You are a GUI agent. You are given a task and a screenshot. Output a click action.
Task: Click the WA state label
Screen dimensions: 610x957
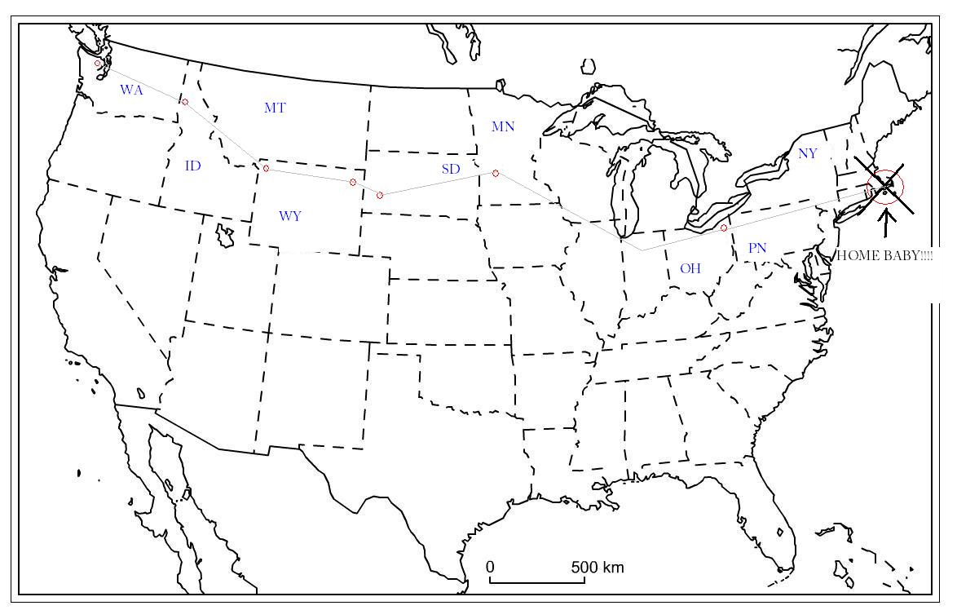(131, 90)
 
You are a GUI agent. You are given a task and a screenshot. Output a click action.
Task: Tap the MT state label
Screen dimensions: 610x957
(275, 108)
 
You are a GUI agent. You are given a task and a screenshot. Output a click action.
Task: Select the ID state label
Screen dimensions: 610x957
(193, 166)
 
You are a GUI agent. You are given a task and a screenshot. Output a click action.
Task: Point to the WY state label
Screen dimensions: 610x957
(290, 216)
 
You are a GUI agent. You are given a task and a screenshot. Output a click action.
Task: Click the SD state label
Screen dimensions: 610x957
(451, 169)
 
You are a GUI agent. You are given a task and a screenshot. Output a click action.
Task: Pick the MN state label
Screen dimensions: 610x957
(503, 126)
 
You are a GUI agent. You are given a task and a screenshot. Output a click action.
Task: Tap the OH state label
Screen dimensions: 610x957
(690, 268)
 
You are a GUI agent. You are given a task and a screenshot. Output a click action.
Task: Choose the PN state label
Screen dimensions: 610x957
(757, 248)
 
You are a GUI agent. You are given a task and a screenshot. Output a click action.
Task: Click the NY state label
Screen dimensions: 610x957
(807, 153)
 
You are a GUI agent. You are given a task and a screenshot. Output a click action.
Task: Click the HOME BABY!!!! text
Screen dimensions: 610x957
(885, 255)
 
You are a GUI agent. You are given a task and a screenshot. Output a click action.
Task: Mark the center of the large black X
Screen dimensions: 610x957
(885, 188)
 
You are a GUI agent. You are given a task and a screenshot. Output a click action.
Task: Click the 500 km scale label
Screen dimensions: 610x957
(598, 567)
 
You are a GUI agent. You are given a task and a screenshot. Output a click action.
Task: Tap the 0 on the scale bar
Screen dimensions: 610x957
(490, 567)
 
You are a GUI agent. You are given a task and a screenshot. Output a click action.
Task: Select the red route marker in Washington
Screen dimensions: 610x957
(98, 63)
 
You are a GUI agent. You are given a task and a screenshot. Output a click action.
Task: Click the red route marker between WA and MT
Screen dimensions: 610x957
(185, 102)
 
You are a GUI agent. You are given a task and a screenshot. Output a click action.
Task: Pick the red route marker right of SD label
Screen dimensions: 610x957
(496, 173)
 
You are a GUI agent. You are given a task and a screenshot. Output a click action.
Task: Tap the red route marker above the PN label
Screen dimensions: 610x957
(724, 228)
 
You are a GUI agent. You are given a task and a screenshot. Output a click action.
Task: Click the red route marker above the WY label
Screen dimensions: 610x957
(266, 168)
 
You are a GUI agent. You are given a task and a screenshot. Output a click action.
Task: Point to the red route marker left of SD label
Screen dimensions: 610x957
(380, 195)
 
